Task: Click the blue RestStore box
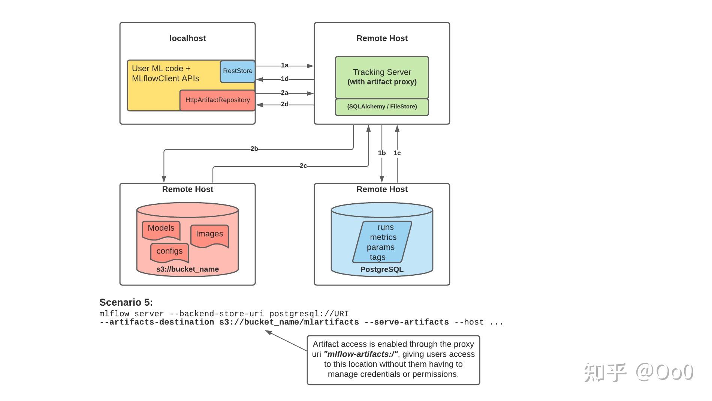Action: (x=238, y=71)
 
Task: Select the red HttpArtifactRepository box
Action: (x=217, y=100)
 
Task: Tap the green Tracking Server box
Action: (x=382, y=77)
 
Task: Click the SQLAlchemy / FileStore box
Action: (x=382, y=107)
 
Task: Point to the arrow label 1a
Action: (x=285, y=66)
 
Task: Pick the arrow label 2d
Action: (x=285, y=104)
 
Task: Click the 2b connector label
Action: (x=254, y=149)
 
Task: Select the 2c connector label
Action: (x=303, y=166)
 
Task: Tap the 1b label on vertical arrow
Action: (x=381, y=153)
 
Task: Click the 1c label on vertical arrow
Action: (x=397, y=153)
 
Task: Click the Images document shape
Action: (x=209, y=235)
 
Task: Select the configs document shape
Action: (x=169, y=252)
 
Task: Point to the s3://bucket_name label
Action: (x=187, y=269)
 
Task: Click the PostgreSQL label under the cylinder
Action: (x=382, y=270)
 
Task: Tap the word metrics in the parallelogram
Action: (x=383, y=237)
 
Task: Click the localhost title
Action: (x=187, y=38)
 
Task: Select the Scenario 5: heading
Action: (x=126, y=302)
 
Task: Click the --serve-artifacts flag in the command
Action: (x=406, y=322)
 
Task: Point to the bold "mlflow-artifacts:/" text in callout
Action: (x=360, y=354)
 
